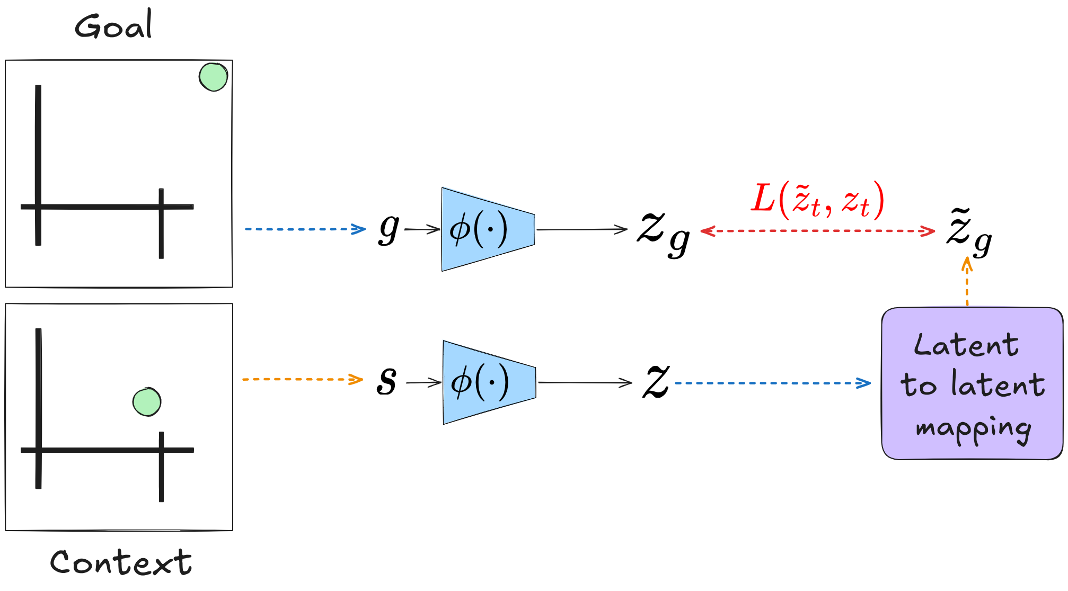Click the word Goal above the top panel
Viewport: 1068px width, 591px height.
pyautogui.click(x=113, y=25)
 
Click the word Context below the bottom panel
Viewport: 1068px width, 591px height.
pyautogui.click(x=121, y=562)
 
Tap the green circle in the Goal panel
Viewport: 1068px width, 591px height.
pyautogui.click(x=213, y=77)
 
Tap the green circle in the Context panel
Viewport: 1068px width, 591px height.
pyautogui.click(x=147, y=402)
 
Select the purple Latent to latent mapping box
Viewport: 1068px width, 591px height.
pyautogui.click(x=972, y=383)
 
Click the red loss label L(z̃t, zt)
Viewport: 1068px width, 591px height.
pyautogui.click(x=817, y=200)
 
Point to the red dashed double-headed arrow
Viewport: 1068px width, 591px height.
pyautogui.click(x=817, y=231)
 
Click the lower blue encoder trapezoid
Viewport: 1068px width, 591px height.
pyautogui.click(x=489, y=382)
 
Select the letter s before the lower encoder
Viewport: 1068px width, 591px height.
pyautogui.click(x=386, y=381)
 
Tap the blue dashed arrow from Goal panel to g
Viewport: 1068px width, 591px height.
pyautogui.click(x=305, y=229)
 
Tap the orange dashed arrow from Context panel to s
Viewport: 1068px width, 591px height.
pyautogui.click(x=302, y=379)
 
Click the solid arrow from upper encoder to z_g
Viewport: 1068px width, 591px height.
pyautogui.click(x=581, y=229)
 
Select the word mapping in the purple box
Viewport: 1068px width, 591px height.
pyautogui.click(x=973, y=428)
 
